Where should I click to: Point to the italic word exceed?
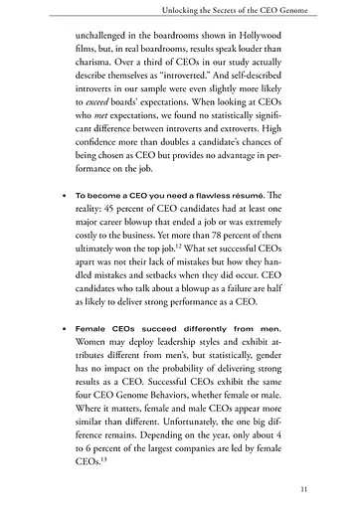(x=100, y=115)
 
